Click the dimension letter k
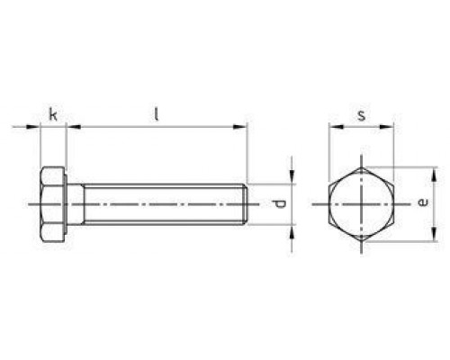coord(53,114)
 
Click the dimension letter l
coord(156,113)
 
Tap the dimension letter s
coord(361,115)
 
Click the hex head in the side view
coord(53,204)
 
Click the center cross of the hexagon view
coord(361,204)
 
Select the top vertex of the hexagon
coord(361,167)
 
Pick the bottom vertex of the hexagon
coord(361,241)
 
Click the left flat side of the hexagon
coord(329,204)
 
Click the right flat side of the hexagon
coord(393,204)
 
